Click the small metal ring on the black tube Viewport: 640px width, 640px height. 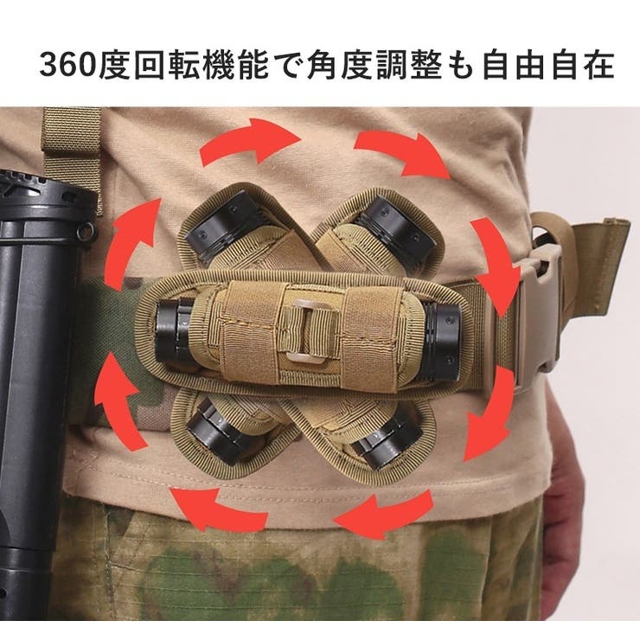coord(86,233)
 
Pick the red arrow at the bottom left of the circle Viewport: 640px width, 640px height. coord(216,509)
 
